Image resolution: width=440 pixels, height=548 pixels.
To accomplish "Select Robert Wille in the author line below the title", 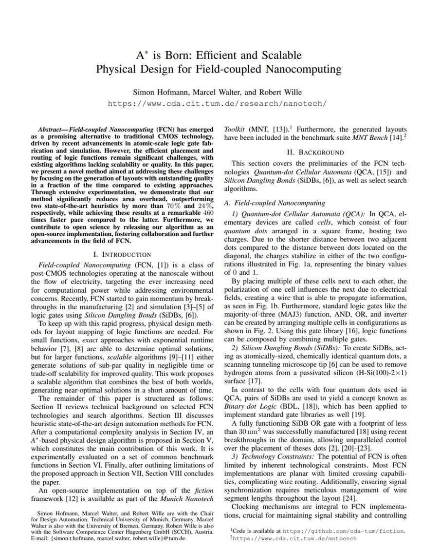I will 281,92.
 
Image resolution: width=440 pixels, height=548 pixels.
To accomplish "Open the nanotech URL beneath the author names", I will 217,103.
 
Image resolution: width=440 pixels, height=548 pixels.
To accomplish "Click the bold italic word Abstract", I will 52,130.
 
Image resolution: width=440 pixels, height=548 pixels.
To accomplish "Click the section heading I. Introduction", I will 122,254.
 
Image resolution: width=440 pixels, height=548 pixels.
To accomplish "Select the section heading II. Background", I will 315,152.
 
